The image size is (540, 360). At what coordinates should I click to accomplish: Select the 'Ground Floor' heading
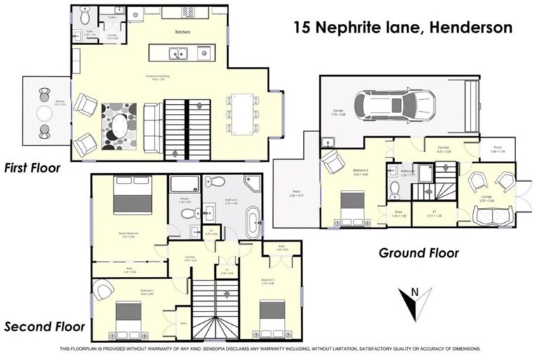[418, 252]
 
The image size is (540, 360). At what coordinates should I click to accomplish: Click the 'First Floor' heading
[32, 168]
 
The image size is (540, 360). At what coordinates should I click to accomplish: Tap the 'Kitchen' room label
[184, 32]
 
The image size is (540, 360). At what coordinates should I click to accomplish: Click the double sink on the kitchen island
[179, 53]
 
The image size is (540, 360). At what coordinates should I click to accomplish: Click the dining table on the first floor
[243, 113]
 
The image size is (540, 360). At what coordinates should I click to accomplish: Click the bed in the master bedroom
[132, 196]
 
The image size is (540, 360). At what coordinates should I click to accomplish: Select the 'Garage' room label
[337, 110]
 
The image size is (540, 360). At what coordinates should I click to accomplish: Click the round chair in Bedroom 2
[104, 289]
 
